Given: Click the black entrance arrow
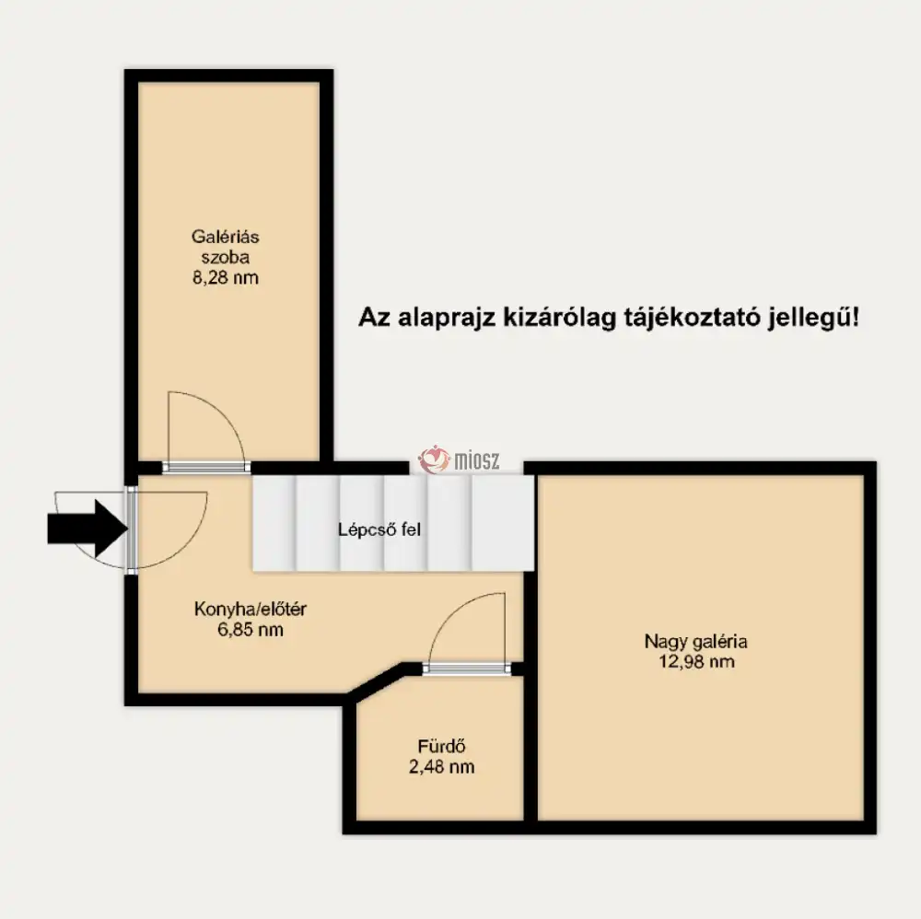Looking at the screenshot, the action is (x=87, y=529).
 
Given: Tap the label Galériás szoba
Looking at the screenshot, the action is (x=226, y=247).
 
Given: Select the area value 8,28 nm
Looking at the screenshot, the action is (x=226, y=277).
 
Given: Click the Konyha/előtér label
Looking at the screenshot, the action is (x=251, y=609).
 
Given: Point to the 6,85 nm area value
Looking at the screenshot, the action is (x=251, y=630).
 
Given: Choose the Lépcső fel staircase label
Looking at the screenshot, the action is (x=379, y=529).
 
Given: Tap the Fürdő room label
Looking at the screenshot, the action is (x=442, y=747).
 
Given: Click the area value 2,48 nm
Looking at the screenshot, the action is (x=442, y=767).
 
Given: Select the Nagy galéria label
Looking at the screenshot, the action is (x=696, y=641).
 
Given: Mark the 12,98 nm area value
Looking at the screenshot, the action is (x=696, y=662).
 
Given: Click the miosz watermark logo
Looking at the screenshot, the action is (x=460, y=459).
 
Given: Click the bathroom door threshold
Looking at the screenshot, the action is (x=467, y=669).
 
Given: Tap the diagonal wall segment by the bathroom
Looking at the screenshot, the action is (x=377, y=682).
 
